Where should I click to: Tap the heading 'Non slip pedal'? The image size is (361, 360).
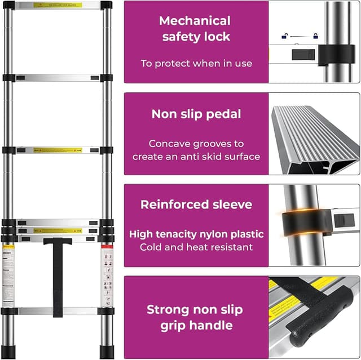pyautogui.click(x=196, y=114)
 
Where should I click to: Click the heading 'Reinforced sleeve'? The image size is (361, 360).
pyautogui.click(x=196, y=205)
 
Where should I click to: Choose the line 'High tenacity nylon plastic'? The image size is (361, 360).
pyautogui.click(x=196, y=234)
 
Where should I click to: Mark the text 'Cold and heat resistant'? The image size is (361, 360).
pyautogui.click(x=196, y=247)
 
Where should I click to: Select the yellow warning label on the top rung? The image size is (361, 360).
pyautogui.click(x=57, y=5)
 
